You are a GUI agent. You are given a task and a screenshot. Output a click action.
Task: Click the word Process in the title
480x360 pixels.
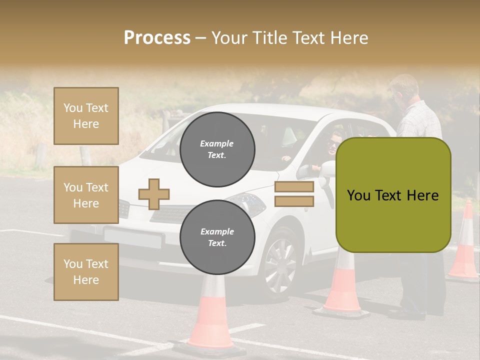tap(157, 38)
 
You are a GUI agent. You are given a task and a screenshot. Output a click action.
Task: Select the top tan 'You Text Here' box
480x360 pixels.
tap(86, 116)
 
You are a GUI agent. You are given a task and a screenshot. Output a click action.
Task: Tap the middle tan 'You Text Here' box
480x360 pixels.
tap(86, 195)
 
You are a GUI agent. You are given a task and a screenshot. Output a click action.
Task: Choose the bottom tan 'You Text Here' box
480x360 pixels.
tap(86, 272)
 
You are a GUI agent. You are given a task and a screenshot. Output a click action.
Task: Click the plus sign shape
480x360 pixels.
tap(154, 194)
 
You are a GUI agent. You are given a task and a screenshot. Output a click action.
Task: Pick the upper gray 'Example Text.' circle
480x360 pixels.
tap(217, 149)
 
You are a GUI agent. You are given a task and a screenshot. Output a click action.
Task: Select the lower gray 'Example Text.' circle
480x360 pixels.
tap(217, 237)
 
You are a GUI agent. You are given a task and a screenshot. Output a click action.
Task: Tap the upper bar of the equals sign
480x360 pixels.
tap(294, 187)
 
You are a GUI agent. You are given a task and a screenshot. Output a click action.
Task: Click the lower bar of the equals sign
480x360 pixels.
tap(294, 201)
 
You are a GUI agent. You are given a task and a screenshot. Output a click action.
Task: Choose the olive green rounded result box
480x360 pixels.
tap(393, 195)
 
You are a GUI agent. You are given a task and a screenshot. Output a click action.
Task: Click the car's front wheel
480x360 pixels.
tap(280, 264)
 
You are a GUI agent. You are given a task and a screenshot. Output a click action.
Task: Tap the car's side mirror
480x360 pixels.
tap(325, 170)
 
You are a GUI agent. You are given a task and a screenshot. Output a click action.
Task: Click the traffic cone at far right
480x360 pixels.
tap(464, 242)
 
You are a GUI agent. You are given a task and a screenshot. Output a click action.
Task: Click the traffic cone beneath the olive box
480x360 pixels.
tap(342, 285)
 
